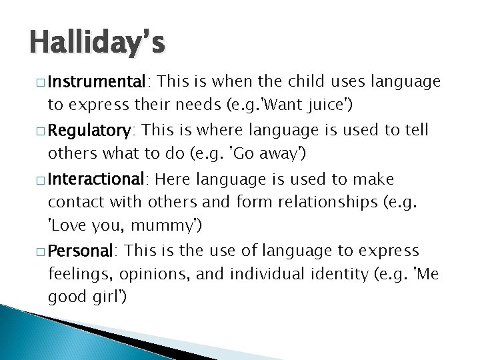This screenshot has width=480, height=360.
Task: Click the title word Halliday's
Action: (x=97, y=45)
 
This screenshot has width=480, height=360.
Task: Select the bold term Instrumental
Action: (x=98, y=81)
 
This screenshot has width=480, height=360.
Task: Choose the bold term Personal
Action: (x=81, y=251)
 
